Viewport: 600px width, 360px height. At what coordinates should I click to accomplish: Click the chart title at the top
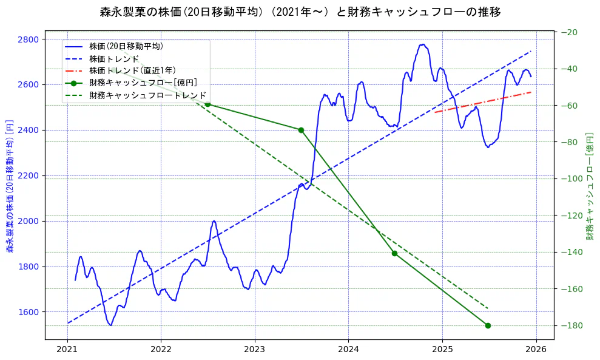click(300, 12)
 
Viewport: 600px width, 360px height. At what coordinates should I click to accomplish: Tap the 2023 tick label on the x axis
click(254, 350)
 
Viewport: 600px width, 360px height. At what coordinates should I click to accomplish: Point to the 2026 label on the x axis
click(536, 350)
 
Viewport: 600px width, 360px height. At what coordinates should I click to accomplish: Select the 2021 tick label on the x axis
click(67, 350)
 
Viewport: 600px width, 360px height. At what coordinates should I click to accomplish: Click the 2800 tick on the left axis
click(29, 39)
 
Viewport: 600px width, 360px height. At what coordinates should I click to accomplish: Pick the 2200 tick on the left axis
click(29, 175)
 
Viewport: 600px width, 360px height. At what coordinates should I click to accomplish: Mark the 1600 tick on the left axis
click(29, 312)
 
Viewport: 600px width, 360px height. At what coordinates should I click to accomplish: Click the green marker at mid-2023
click(301, 130)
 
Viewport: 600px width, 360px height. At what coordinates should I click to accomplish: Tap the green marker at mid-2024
click(394, 253)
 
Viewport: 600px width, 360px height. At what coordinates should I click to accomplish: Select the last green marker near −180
click(488, 325)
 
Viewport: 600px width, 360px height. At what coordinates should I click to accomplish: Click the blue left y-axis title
click(10, 186)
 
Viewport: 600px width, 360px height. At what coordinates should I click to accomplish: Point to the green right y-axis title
click(589, 186)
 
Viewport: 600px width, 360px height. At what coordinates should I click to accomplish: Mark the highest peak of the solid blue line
click(422, 44)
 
